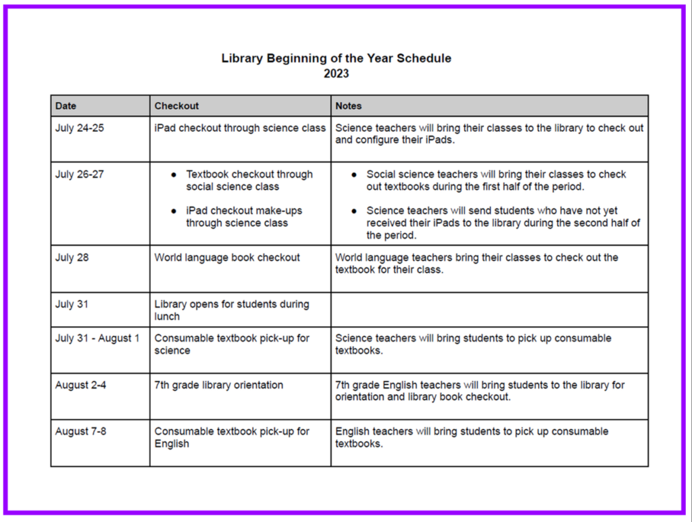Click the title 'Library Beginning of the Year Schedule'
point(336,58)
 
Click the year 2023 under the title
point(336,74)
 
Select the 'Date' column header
point(66,105)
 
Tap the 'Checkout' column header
point(176,105)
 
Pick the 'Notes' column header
point(349,105)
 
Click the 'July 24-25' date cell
point(80,128)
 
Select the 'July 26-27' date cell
point(80,174)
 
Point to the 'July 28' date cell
point(72,258)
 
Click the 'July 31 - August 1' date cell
point(97,338)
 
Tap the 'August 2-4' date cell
point(80,385)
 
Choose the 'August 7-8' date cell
point(80,431)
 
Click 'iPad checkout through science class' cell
point(240,128)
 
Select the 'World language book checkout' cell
point(227,258)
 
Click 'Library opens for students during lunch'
point(231,310)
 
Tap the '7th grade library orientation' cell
point(219,385)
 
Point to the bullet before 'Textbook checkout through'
point(174,174)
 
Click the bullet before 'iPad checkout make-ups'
point(174,211)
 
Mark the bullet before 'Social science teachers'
point(355,174)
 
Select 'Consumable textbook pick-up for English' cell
point(232,437)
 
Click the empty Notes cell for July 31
point(489,310)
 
